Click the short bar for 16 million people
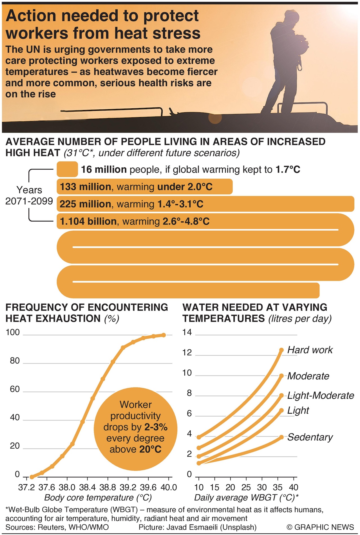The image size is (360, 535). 67,169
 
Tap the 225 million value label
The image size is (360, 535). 85,204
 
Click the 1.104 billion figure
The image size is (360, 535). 88,221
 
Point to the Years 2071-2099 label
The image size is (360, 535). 29,195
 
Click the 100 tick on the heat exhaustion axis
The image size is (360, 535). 13,332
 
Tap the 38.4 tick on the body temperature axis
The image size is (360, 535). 88,487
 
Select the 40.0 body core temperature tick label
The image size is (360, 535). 169,487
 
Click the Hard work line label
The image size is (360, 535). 310,350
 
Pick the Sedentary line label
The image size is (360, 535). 310,437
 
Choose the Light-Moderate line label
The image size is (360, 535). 320,395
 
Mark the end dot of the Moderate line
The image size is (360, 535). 281,376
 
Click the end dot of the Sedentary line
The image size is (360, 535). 281,437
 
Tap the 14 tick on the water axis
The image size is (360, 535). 187,332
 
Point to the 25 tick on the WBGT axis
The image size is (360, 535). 246,487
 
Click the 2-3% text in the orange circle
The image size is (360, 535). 156,427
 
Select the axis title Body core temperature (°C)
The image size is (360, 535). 98,498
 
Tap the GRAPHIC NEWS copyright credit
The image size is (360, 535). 320,527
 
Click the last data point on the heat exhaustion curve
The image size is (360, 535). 164,335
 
